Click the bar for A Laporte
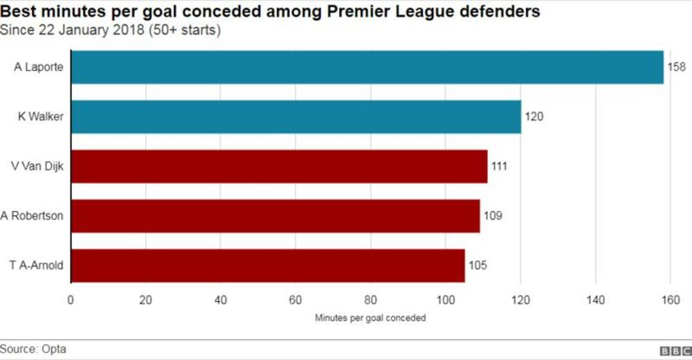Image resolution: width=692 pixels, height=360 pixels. tap(367, 67)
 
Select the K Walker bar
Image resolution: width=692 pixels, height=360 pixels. tap(295, 116)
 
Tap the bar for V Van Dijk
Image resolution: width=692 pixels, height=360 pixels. tap(279, 166)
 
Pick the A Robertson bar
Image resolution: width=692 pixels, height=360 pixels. tap(275, 216)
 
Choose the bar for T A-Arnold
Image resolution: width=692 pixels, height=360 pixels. tap(267, 266)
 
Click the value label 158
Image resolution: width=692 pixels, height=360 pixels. tap(676, 67)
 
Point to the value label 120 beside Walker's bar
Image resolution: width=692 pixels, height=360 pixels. tap(534, 116)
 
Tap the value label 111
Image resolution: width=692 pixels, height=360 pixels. tap(499, 166)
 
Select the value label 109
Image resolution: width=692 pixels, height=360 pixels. tap(492, 216)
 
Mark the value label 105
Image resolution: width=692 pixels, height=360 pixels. tap(477, 266)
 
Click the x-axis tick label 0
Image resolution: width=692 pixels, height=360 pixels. tap(70, 300)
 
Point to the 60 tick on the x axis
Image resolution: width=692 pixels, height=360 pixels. tap(295, 300)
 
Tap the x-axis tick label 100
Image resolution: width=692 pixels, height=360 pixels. tap(446, 300)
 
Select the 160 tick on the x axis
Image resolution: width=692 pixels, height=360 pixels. tap(670, 300)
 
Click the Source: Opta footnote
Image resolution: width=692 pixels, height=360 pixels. tap(33, 349)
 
